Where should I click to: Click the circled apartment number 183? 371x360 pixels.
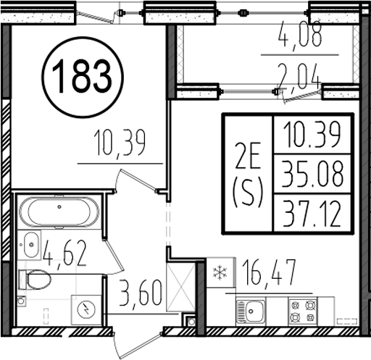pos(83,77)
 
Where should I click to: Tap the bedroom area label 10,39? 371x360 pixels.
pos(121,143)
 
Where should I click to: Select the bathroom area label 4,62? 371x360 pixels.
pos(64,253)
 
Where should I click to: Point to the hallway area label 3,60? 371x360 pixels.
pos(141,293)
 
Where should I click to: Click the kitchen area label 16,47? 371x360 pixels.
pos(269,273)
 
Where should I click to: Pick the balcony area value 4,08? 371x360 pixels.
pos(300,35)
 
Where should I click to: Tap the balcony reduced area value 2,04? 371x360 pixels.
pos(299,76)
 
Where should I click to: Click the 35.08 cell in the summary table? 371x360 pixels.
pos(312,174)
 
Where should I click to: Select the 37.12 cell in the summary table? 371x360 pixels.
pos(312,214)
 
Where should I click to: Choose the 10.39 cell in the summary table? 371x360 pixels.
pos(312,134)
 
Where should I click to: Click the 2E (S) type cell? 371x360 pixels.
pos(248,174)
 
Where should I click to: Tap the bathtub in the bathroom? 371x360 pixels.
pos(59,212)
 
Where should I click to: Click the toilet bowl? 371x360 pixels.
pos(36,280)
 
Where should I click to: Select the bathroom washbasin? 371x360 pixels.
pos(31,245)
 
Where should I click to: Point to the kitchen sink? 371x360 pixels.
pos(251,311)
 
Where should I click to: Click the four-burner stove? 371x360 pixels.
pos(303,311)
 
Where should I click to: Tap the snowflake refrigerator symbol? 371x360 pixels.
pos(220,272)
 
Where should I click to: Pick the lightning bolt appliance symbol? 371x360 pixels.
pos(86,309)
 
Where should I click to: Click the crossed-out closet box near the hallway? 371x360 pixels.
pos(180,287)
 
